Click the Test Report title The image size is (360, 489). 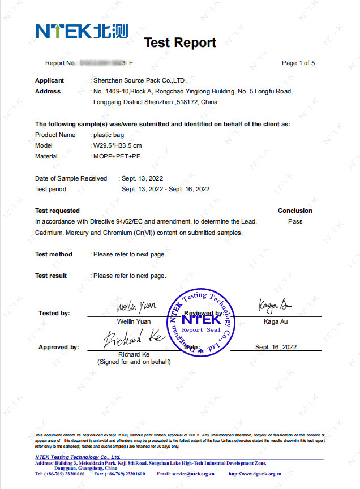pyautogui.click(x=179, y=42)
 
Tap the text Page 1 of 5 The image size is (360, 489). pyautogui.click(x=298, y=63)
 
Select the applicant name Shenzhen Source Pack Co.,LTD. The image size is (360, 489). pyautogui.click(x=140, y=80)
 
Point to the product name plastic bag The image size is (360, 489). pyautogui.click(x=109, y=135)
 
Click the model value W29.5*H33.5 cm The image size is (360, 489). pyautogui.click(x=117, y=145)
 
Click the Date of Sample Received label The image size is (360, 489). pyautogui.click(x=71, y=178)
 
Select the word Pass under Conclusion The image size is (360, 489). pyautogui.click(x=295, y=221)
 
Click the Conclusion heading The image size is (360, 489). pyautogui.click(x=295, y=211)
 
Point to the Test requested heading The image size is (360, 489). pyautogui.click(x=57, y=211)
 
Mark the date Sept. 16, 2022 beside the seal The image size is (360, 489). pyautogui.click(x=276, y=347)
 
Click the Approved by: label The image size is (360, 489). pyautogui.click(x=58, y=347)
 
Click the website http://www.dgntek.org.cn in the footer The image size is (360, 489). pyautogui.click(x=255, y=473)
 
